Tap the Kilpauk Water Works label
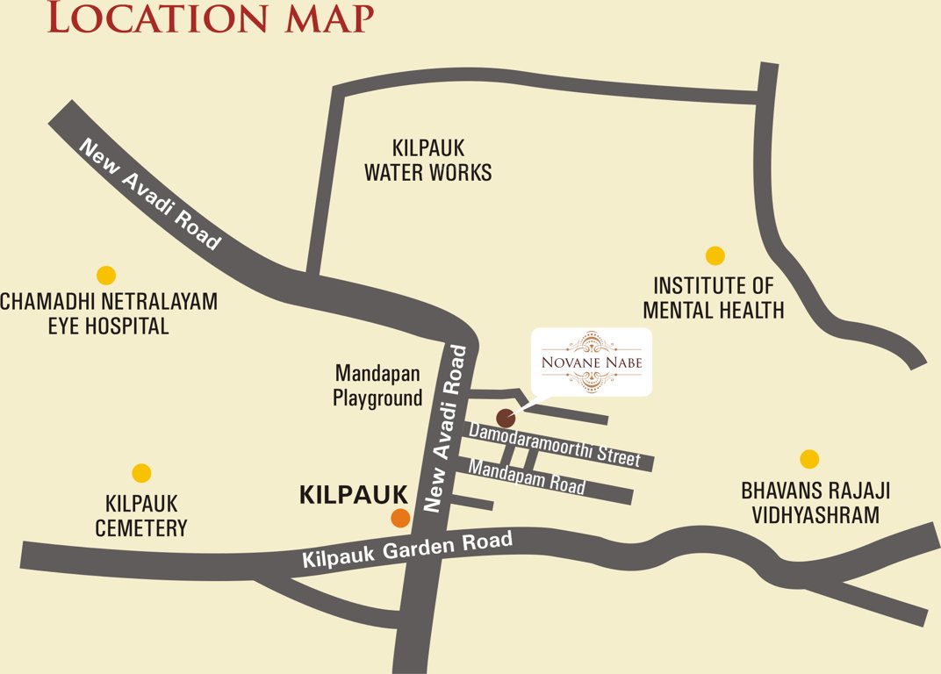pyautogui.click(x=428, y=161)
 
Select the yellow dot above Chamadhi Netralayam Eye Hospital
pyautogui.click(x=106, y=275)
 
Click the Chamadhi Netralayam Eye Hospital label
pyautogui.click(x=108, y=314)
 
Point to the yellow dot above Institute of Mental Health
pyautogui.click(x=715, y=255)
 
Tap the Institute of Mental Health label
pyautogui.click(x=714, y=298)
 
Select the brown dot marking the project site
pyautogui.click(x=506, y=418)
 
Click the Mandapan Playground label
pyautogui.click(x=377, y=385)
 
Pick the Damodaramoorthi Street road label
pyautogui.click(x=555, y=443)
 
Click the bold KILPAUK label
pyautogui.click(x=354, y=494)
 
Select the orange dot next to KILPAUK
pyautogui.click(x=400, y=518)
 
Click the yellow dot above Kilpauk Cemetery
pyautogui.click(x=141, y=473)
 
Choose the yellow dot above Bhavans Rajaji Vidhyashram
pyautogui.click(x=809, y=459)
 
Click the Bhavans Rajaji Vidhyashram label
pyautogui.click(x=815, y=503)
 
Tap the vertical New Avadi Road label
pyautogui.click(x=445, y=428)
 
